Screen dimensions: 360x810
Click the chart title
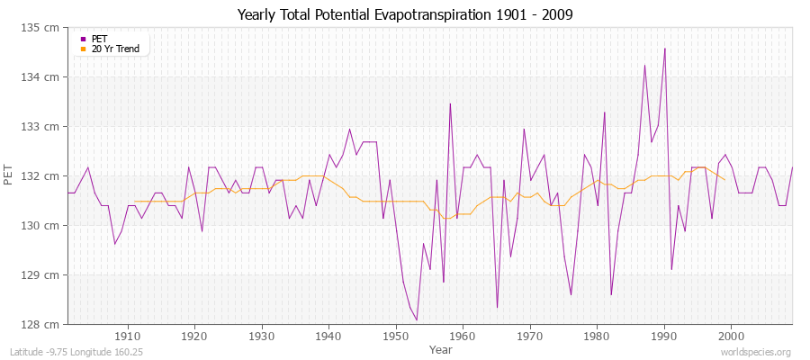(x=405, y=14)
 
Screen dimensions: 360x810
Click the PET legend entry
(x=100, y=39)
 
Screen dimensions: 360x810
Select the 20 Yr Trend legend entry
(x=115, y=49)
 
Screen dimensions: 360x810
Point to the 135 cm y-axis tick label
(x=43, y=28)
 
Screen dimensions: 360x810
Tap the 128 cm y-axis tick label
(x=43, y=324)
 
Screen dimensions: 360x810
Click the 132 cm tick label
(x=43, y=175)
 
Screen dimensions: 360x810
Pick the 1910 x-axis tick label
(x=128, y=337)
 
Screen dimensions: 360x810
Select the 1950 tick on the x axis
(x=395, y=337)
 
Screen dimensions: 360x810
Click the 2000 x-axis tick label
(x=731, y=337)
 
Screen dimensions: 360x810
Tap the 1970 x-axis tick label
(x=529, y=337)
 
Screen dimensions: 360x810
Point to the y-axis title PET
(x=10, y=175)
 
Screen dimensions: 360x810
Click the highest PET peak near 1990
(x=664, y=49)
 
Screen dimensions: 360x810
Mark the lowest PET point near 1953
(x=416, y=319)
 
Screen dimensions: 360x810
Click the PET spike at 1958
(x=450, y=103)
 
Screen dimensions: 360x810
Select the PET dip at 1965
(x=497, y=308)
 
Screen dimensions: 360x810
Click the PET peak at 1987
(x=644, y=65)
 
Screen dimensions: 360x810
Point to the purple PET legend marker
(x=83, y=39)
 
